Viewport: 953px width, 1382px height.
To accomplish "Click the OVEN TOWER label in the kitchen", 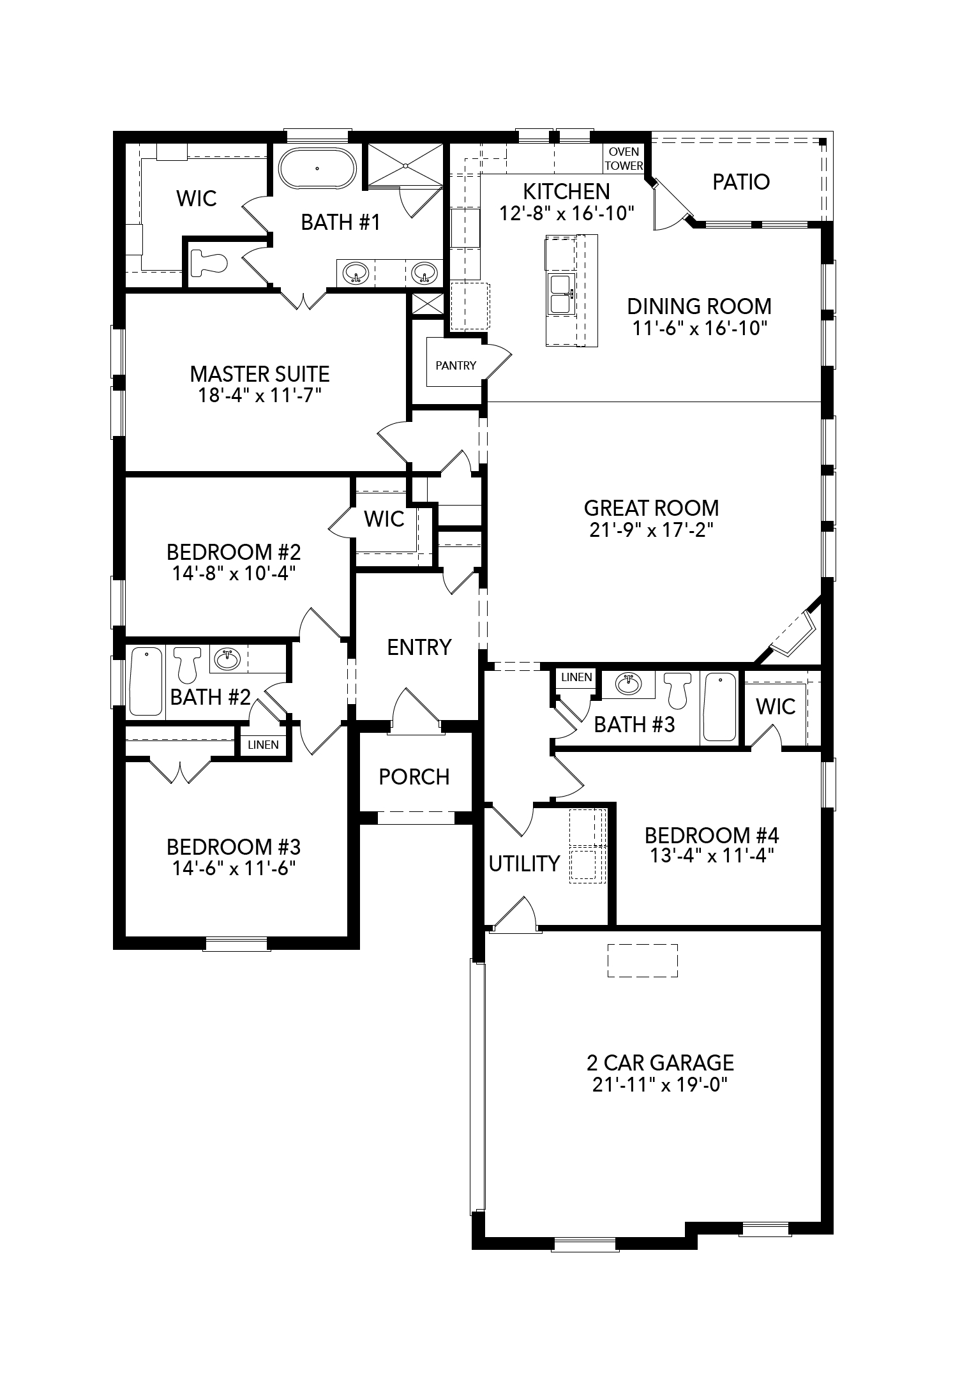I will pyautogui.click(x=624, y=159).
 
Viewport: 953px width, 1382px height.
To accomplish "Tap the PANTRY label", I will pyautogui.click(x=456, y=365).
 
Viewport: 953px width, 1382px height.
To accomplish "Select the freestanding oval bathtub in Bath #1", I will pyautogui.click(x=317, y=169).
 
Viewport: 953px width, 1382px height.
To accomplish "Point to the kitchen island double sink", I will pyautogui.click(x=560, y=294).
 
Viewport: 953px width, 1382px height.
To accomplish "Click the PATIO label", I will pyautogui.click(x=741, y=182).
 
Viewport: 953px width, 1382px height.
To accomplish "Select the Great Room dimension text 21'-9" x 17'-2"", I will pyautogui.click(x=651, y=530).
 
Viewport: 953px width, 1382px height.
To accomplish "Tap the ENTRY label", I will pyautogui.click(x=419, y=647).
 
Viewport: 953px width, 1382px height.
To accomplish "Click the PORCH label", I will pyautogui.click(x=414, y=777).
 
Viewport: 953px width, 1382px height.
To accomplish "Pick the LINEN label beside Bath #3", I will pyautogui.click(x=576, y=677).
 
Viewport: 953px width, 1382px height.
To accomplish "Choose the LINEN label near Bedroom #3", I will pyautogui.click(x=263, y=745).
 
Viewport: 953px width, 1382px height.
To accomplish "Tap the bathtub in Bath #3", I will pyautogui.click(x=719, y=707).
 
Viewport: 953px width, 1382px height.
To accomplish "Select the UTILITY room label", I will pyautogui.click(x=524, y=864).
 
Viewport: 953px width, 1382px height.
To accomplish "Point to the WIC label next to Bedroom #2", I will pyautogui.click(x=384, y=519).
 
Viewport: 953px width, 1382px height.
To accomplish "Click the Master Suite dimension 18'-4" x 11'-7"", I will pyautogui.click(x=259, y=396).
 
